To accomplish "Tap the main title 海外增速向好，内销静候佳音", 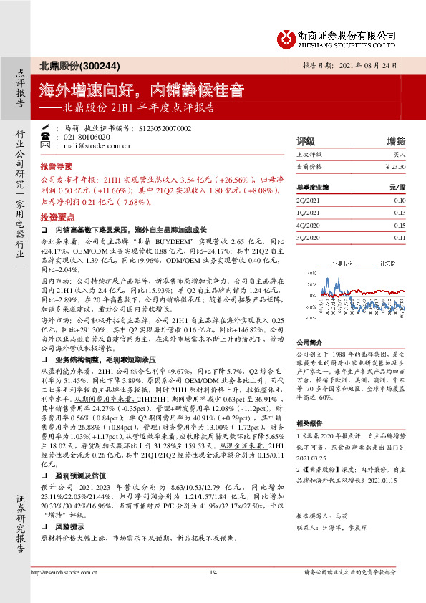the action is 142,91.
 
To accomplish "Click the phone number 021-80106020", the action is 87,136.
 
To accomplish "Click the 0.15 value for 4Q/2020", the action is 399,225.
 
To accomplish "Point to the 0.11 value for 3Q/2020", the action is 399,237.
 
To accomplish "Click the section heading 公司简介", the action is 309,342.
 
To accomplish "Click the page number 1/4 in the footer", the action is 213,592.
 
